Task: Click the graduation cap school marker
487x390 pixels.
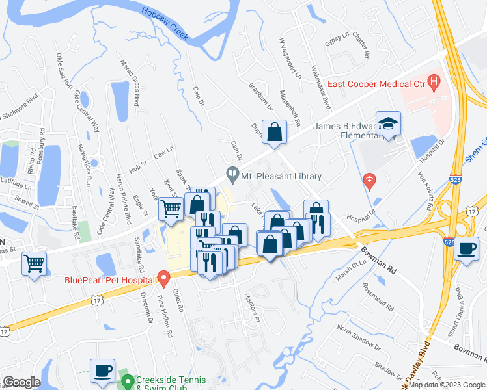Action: click(x=388, y=124)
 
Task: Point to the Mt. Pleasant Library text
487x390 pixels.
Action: click(x=281, y=176)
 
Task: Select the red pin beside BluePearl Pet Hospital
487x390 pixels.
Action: click(x=165, y=279)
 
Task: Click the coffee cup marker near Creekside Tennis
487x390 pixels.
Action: click(x=102, y=370)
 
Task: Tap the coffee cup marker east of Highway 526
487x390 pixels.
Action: click(x=466, y=249)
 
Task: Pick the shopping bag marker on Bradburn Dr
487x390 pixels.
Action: click(x=275, y=132)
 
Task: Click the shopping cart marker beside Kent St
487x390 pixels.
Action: click(x=171, y=209)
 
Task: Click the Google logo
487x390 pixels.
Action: click(x=21, y=382)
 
